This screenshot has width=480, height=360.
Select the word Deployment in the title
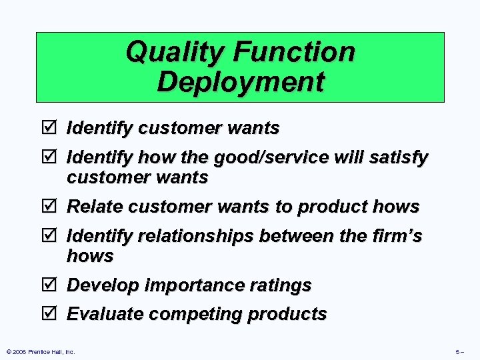click(241, 83)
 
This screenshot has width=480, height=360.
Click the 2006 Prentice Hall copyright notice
click(40, 351)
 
